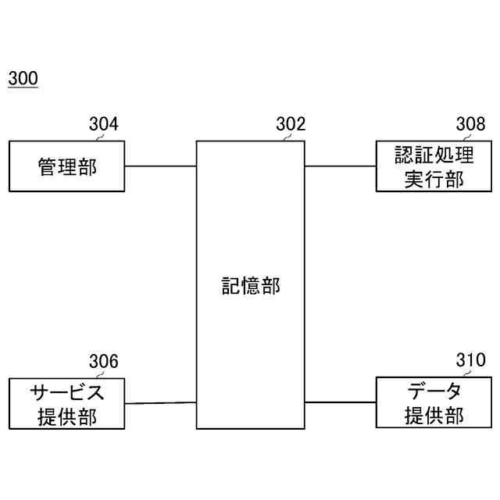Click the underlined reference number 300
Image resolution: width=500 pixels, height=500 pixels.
point(23,79)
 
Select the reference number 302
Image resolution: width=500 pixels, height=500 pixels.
point(291,124)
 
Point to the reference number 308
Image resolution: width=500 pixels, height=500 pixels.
point(470,124)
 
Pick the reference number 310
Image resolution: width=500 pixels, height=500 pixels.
point(470,361)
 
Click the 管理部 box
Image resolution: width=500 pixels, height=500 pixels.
point(66,166)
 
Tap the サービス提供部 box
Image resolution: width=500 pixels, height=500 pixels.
point(66,403)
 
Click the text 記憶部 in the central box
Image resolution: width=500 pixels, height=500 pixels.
point(250,286)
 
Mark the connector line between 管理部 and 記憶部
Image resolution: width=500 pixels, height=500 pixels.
point(160,166)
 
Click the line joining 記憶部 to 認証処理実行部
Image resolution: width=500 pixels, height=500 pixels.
point(340,166)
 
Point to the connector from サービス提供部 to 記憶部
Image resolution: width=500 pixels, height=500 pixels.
point(160,403)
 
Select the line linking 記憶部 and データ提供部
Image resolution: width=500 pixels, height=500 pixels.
point(340,402)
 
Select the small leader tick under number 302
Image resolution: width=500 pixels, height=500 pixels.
point(287,137)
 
